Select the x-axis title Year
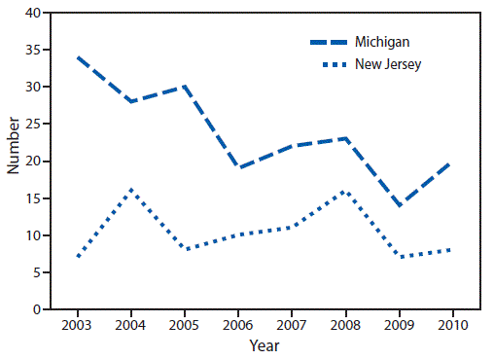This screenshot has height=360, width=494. click(x=264, y=344)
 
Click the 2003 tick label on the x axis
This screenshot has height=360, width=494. click(x=76, y=324)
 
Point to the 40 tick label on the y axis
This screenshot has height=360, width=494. click(x=32, y=13)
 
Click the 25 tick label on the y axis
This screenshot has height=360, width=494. click(x=32, y=125)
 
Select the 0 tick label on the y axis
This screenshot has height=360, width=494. click(x=36, y=309)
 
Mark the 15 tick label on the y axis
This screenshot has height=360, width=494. click(x=32, y=198)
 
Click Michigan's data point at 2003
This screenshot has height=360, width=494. click(x=76, y=57)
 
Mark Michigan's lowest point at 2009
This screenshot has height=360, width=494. click(x=397, y=205)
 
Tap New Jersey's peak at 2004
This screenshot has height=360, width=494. click(x=129, y=191)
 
